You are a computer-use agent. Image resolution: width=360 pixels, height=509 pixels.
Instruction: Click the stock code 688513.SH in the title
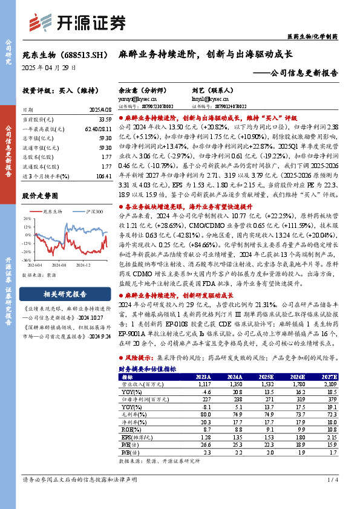[78, 54]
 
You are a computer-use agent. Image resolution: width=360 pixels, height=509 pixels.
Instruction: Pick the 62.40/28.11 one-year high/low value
[98, 130]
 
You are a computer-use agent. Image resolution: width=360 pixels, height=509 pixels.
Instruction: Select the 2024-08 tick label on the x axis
[59, 265]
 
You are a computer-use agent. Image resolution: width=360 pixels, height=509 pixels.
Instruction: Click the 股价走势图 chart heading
[40, 196]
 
